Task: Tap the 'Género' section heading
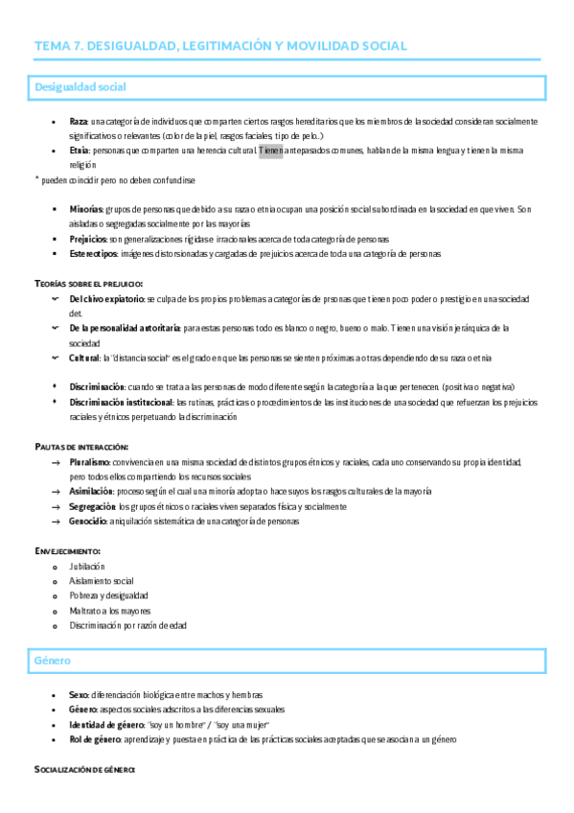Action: [x=53, y=662]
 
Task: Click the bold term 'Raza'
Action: [x=79, y=122]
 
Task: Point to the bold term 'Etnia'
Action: [x=80, y=151]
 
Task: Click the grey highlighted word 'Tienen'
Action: [x=270, y=151]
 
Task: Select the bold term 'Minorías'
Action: [x=88, y=209]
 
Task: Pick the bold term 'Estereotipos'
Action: [x=93, y=254]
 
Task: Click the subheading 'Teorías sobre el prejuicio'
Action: [x=88, y=284]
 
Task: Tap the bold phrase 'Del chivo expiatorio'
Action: [x=107, y=299]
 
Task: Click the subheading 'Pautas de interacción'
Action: [x=81, y=447]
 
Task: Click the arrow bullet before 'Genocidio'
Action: [x=58, y=522]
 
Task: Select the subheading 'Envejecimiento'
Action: [x=67, y=551]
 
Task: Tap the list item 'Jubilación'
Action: [x=87, y=567]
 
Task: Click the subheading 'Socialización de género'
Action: [x=85, y=769]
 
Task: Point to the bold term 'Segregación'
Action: [x=92, y=506]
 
